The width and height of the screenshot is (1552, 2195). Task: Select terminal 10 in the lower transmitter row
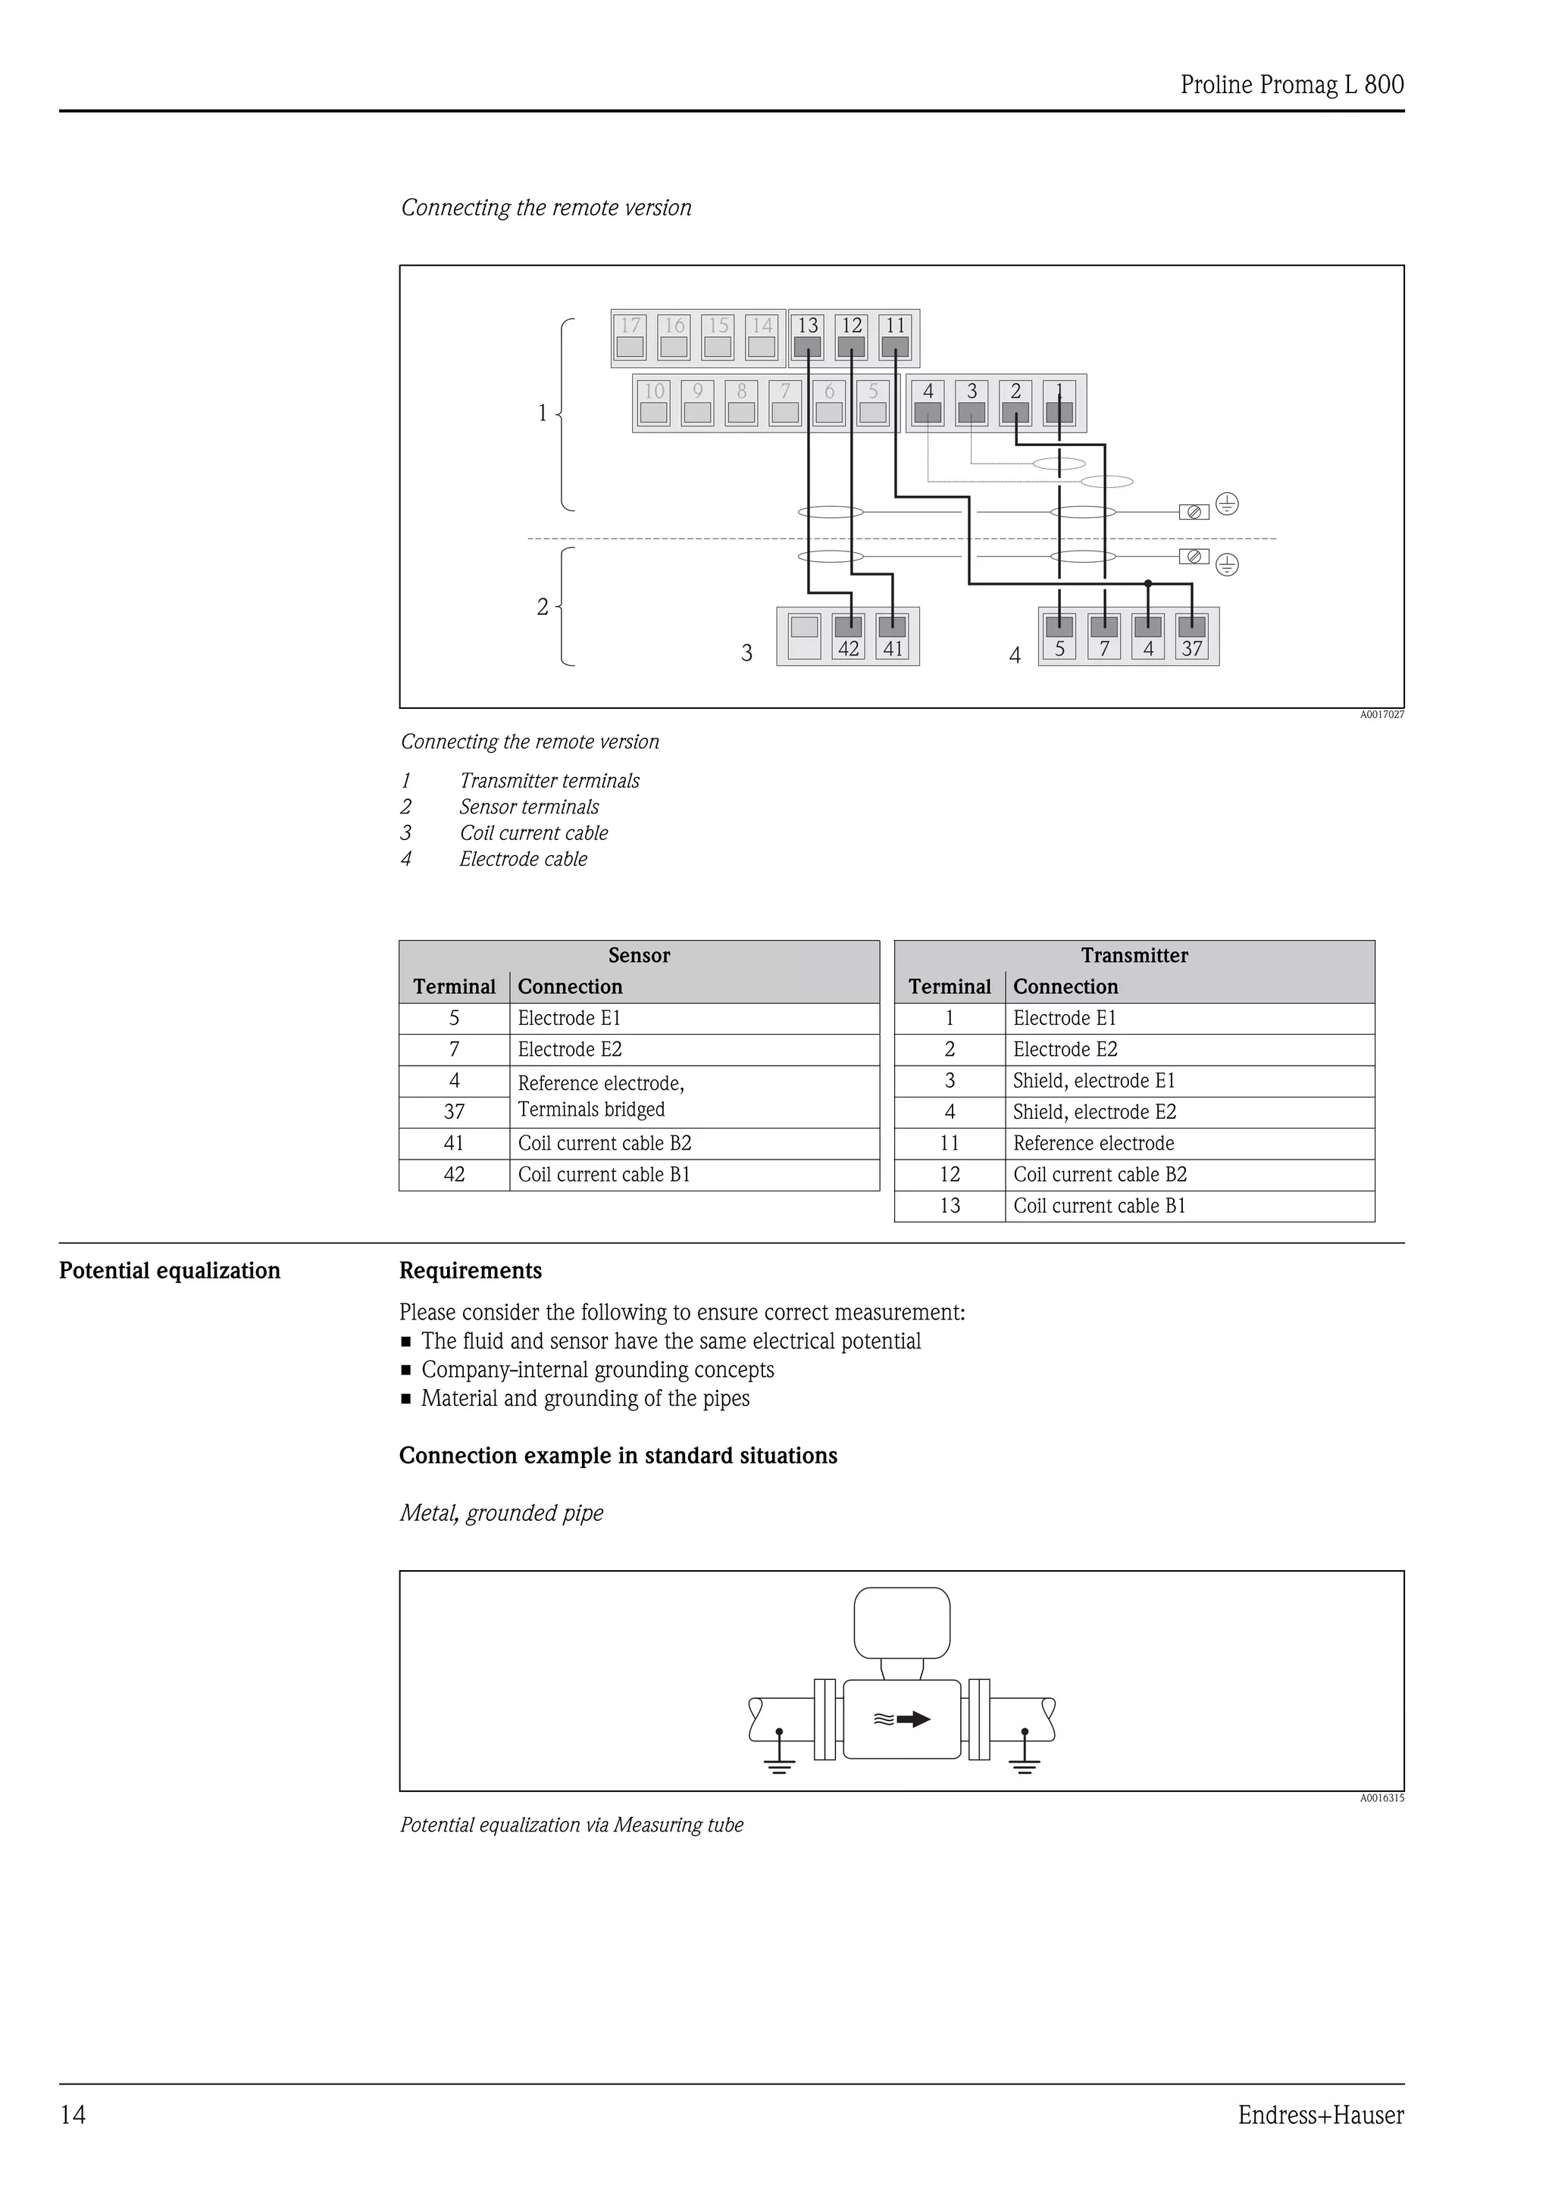(654, 402)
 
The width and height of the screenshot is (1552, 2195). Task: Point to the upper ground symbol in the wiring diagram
(1227, 504)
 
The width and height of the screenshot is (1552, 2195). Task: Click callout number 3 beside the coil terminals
(747, 653)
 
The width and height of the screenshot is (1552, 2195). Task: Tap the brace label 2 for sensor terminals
(542, 607)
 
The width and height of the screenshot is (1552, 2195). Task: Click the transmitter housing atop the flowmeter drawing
(902, 1623)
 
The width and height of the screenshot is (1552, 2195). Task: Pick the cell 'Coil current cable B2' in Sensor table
(604, 1144)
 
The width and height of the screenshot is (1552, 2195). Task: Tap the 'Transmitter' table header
(1134, 955)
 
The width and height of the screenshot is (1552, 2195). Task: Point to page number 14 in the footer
(73, 2114)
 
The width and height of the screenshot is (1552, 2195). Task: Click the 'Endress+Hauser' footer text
(1321, 2114)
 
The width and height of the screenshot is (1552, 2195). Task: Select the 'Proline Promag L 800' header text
(1292, 85)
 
